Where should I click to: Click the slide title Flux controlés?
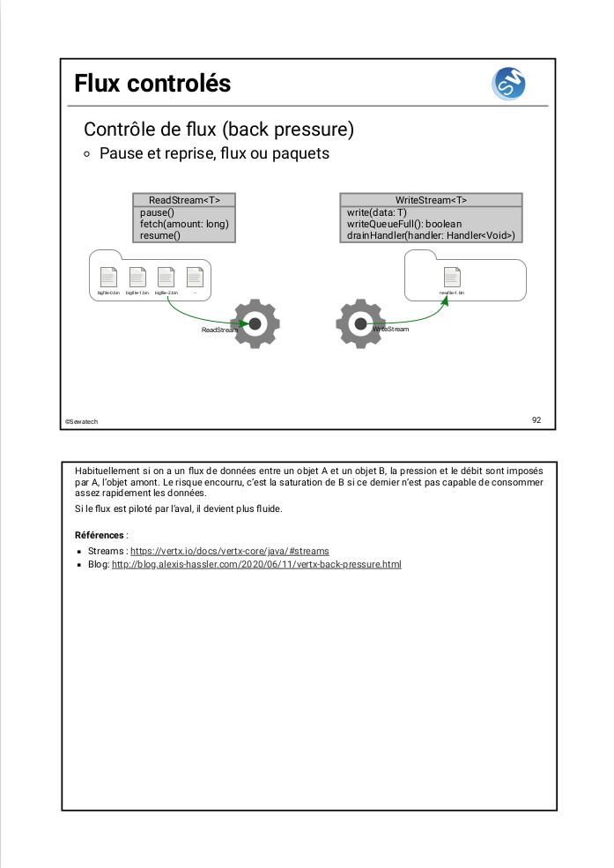pos(152,84)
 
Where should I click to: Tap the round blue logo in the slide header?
pos(508,84)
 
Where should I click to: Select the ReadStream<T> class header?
pos(184,200)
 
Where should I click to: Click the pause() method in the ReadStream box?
pos(158,212)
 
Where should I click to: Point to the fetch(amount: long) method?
pos(184,224)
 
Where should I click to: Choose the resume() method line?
pos(160,235)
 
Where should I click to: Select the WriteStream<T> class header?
pos(431,200)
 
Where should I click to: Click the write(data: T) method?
pos(376,212)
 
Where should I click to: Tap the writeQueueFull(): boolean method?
pos(403,224)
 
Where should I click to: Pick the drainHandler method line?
pos(431,235)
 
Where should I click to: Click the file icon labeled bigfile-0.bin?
pos(108,277)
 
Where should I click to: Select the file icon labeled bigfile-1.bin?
pos(137,277)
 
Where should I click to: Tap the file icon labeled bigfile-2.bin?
pos(166,277)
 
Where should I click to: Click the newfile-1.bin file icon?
pos(452,277)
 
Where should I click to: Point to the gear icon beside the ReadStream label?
pos(255,323)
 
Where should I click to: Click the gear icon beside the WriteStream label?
pos(360,323)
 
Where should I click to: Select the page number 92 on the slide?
pos(536,419)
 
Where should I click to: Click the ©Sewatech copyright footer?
pos(81,421)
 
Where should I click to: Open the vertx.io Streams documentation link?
pos(229,551)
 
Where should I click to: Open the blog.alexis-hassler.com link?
pos(256,564)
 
